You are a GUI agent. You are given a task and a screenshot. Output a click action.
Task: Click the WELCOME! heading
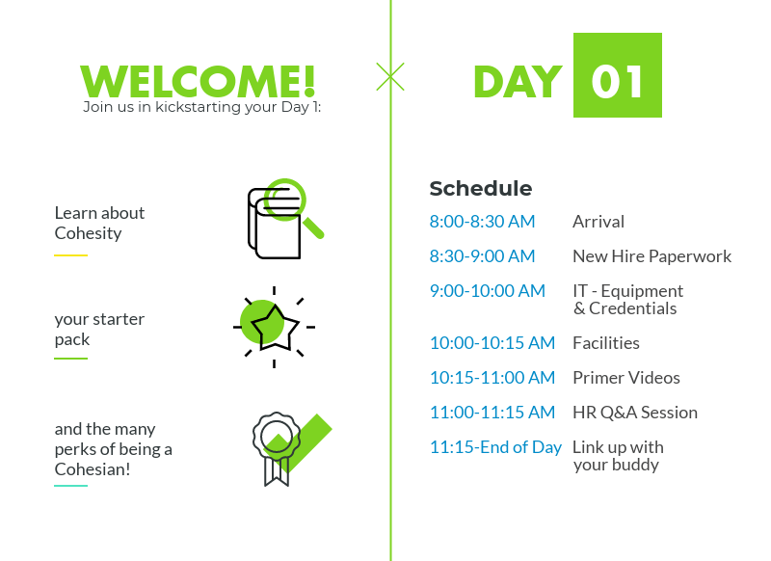click(x=198, y=81)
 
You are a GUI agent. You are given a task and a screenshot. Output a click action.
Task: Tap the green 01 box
click(x=618, y=75)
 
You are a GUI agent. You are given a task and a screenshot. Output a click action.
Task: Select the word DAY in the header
click(x=518, y=82)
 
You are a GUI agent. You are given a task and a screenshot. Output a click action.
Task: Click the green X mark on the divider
click(x=390, y=77)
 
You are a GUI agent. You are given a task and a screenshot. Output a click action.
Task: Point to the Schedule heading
click(x=480, y=188)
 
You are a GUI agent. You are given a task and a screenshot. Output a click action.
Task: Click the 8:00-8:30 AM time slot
click(x=482, y=222)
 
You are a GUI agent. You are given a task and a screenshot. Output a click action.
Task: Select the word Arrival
click(x=598, y=222)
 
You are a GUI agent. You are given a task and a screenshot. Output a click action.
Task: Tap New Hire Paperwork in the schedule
click(x=652, y=256)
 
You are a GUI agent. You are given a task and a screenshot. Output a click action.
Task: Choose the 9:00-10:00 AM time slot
click(x=488, y=290)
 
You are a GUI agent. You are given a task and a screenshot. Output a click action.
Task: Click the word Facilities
click(x=606, y=343)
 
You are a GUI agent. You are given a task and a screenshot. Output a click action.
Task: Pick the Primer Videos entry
click(x=626, y=378)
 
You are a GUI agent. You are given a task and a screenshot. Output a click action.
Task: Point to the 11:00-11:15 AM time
click(x=492, y=412)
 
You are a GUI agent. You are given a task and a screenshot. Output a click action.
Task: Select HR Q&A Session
click(x=635, y=412)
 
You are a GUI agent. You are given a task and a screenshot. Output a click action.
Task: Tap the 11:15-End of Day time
click(x=495, y=447)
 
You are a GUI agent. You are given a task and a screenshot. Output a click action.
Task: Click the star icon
click(x=275, y=328)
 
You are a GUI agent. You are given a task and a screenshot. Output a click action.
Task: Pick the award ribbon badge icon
click(x=277, y=449)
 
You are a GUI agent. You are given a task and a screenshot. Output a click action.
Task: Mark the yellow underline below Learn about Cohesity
click(x=70, y=255)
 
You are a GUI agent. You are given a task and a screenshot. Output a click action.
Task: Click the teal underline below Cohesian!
click(x=70, y=486)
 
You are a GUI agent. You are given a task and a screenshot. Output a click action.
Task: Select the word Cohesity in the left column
click(x=88, y=233)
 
